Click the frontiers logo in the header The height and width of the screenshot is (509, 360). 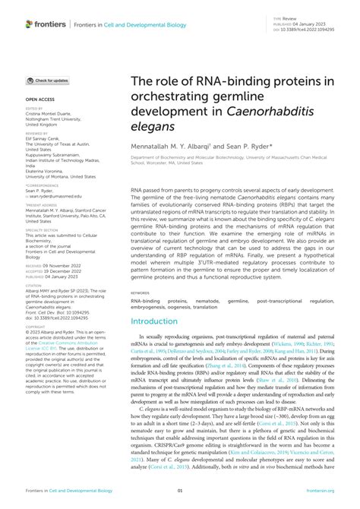point(47,24)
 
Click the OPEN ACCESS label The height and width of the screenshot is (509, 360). point(39,100)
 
